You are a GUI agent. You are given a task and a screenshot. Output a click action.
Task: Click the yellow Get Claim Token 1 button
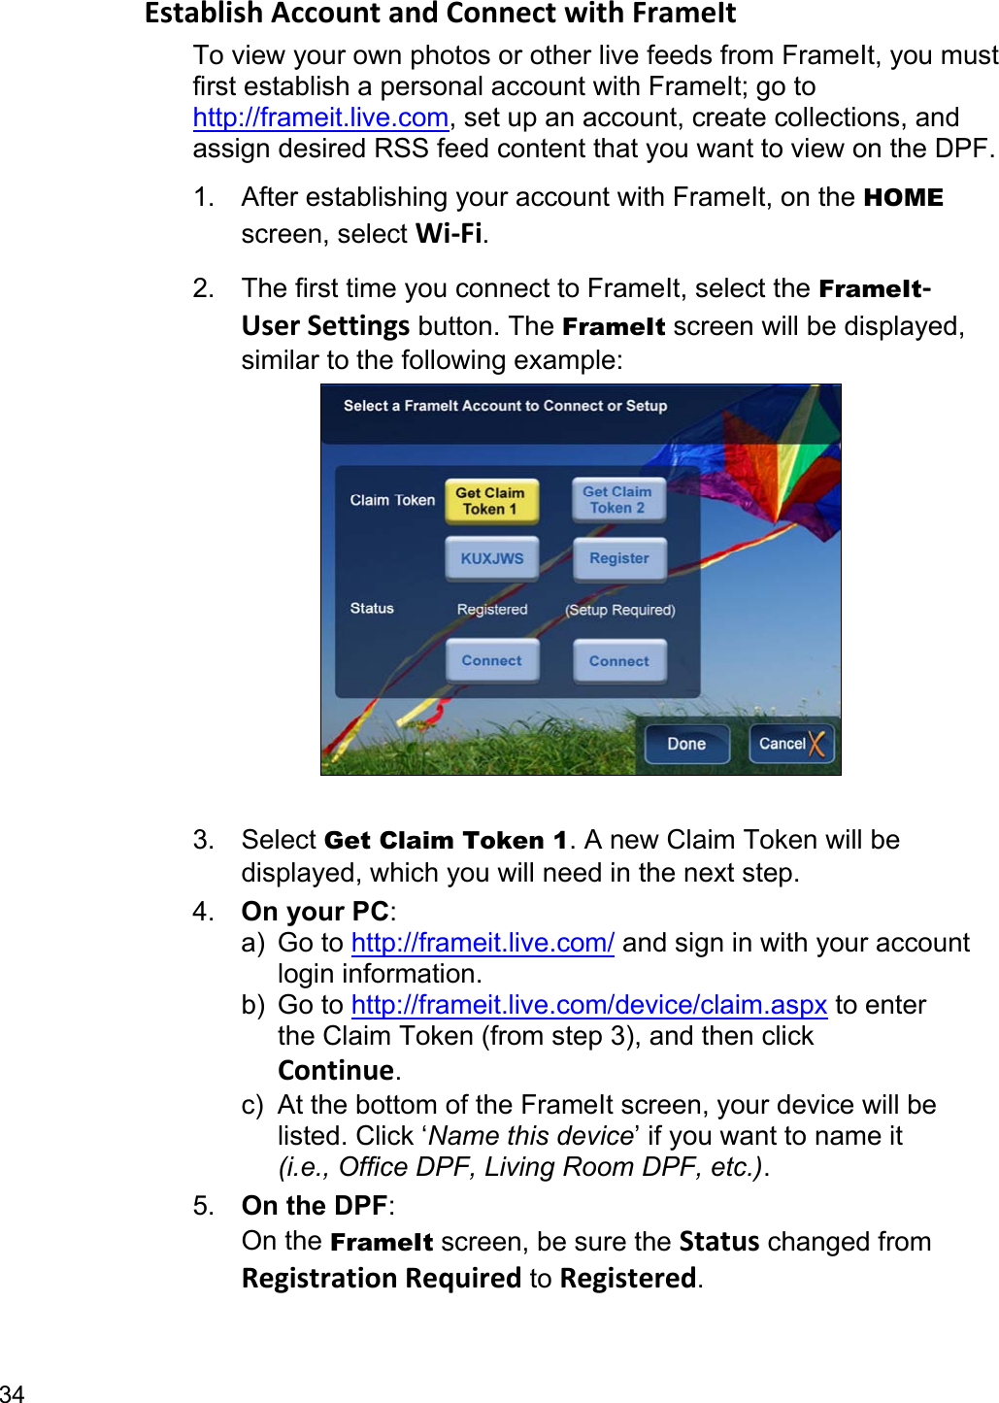[491, 501]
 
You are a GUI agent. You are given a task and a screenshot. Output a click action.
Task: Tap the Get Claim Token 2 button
[618, 500]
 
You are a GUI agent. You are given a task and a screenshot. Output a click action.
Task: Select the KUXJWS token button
[491, 559]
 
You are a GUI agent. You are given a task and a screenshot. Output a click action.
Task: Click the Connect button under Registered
[491, 661]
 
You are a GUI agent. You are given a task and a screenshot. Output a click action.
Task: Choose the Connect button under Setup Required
[618, 661]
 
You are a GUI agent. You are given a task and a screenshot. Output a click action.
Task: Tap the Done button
[686, 744]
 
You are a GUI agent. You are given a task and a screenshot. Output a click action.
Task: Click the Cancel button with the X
[790, 744]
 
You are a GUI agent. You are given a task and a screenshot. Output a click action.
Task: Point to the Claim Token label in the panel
[392, 500]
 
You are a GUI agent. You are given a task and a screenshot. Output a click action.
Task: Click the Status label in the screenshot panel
[372, 608]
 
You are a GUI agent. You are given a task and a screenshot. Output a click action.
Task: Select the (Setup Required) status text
[619, 610]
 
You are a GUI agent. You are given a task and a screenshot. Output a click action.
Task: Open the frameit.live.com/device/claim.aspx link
[588, 1005]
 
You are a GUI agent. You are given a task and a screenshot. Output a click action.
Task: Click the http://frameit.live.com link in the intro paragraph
[320, 117]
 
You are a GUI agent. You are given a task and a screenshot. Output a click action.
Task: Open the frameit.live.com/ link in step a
[483, 943]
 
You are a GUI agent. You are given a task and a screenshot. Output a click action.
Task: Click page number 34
[13, 1393]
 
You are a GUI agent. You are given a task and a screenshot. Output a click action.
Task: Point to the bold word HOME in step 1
[903, 198]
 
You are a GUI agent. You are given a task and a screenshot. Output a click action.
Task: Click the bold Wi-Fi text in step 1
[449, 234]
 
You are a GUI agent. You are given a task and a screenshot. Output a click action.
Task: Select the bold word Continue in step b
[336, 1070]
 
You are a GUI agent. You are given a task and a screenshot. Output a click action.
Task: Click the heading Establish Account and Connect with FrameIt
[440, 14]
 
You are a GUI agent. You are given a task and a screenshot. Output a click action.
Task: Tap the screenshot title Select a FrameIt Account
[505, 406]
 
